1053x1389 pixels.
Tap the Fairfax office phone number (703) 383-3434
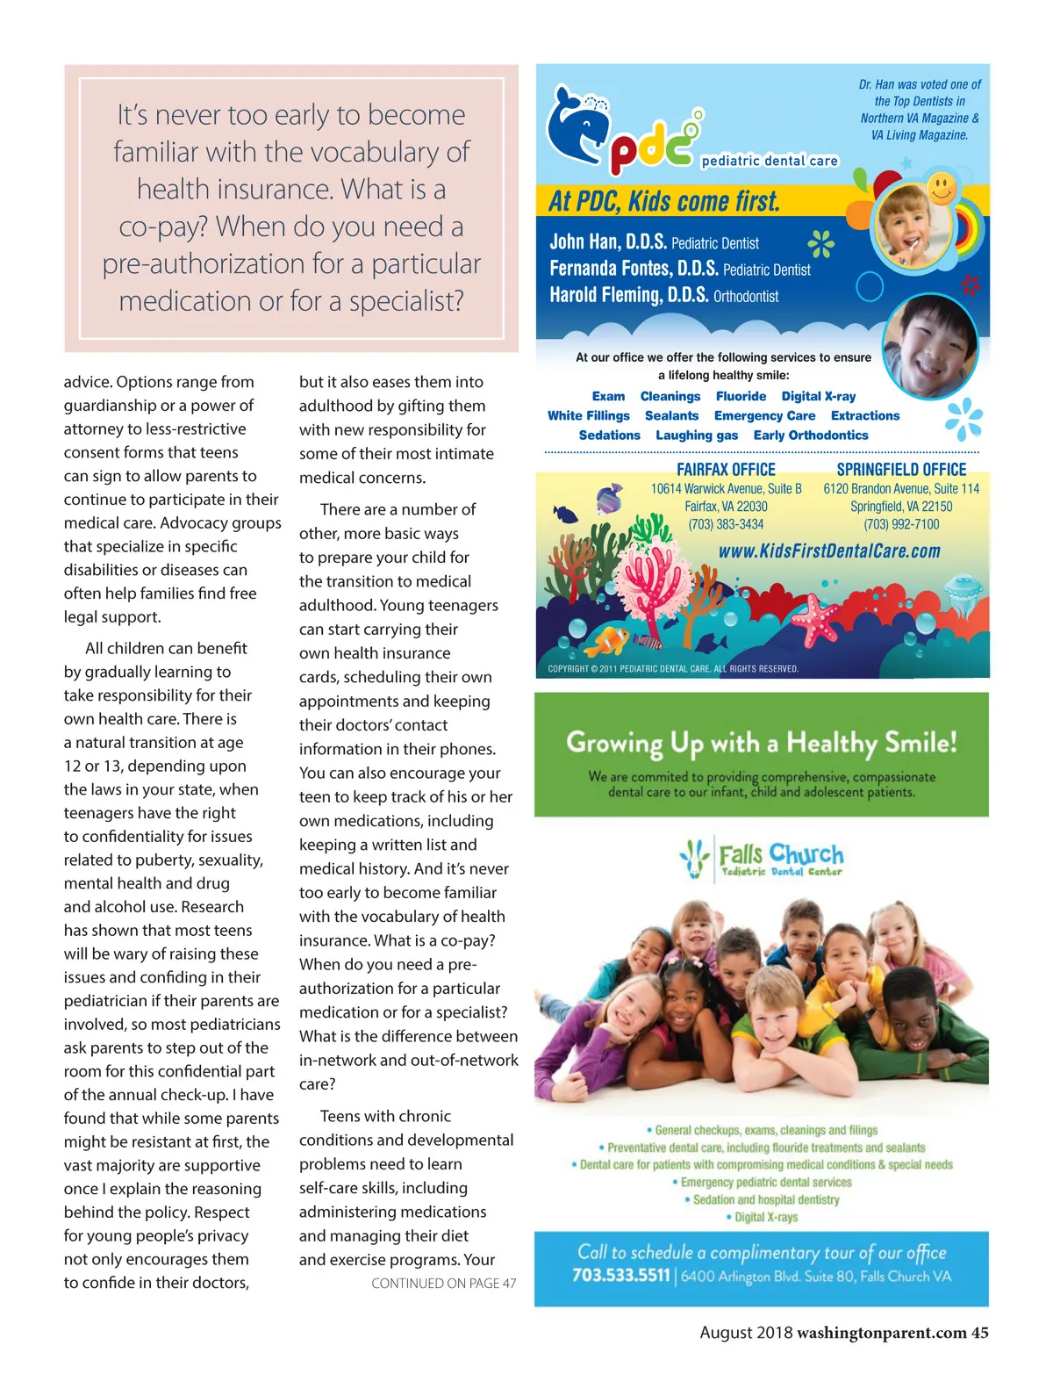click(x=726, y=524)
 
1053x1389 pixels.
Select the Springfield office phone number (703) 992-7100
click(x=901, y=524)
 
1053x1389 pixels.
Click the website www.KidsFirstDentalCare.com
click(x=829, y=551)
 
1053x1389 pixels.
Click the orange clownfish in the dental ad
click(x=607, y=640)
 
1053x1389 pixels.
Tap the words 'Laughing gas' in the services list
click(x=697, y=435)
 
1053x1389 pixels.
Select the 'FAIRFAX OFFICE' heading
click(x=726, y=470)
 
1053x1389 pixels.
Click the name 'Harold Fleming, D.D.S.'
click(x=628, y=295)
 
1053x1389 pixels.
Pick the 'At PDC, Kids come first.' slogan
click(x=664, y=202)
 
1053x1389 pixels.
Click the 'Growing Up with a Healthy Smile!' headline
click(x=761, y=743)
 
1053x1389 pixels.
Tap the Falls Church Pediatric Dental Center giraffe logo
click(x=695, y=859)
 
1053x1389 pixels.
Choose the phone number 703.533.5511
click(x=620, y=1276)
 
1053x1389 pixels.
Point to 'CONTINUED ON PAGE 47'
click(x=443, y=1284)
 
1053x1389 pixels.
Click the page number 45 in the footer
click(x=979, y=1333)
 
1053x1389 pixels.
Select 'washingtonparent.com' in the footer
click(x=881, y=1333)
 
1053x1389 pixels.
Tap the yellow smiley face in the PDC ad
click(x=942, y=188)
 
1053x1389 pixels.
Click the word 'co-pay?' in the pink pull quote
click(x=164, y=227)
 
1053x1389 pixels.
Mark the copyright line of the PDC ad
click(x=673, y=669)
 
